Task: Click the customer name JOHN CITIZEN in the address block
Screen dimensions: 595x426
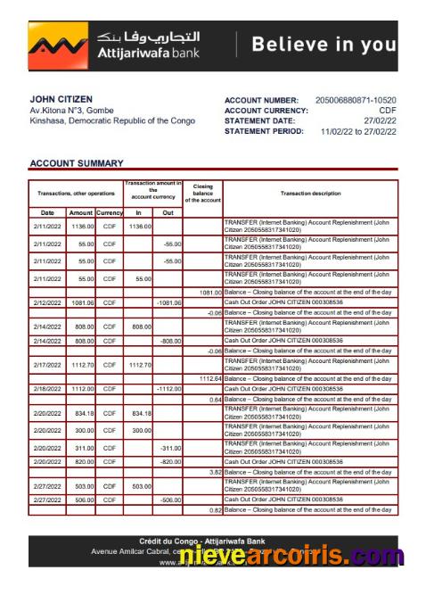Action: (61, 99)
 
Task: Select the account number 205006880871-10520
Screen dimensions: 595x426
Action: (356, 100)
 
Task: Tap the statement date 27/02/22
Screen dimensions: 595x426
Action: (380, 120)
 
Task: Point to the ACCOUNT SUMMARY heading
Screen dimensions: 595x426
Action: (77, 163)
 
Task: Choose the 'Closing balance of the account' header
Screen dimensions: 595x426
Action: (202, 193)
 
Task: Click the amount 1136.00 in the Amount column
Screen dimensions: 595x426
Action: (81, 227)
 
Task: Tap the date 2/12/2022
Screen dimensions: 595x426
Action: (47, 302)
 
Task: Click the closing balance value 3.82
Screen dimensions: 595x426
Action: (214, 471)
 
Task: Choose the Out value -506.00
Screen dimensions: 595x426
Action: (169, 500)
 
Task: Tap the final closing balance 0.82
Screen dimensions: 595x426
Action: (214, 509)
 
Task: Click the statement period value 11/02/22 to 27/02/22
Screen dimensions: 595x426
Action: (359, 131)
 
